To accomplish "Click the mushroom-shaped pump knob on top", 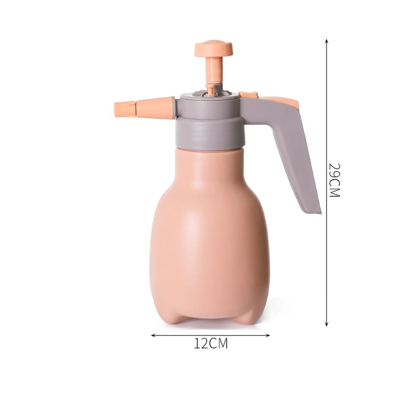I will click(214, 48).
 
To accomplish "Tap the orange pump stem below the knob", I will click(214, 69).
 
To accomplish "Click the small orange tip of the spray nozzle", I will click(124, 109).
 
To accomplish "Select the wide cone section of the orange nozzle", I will click(155, 107).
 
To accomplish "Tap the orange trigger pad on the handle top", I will click(281, 101).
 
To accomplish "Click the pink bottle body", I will click(209, 235).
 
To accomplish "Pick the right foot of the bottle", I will click(249, 316).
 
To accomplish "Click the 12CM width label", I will click(211, 344).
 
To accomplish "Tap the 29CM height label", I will click(334, 180).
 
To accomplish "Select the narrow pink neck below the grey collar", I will click(209, 157).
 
